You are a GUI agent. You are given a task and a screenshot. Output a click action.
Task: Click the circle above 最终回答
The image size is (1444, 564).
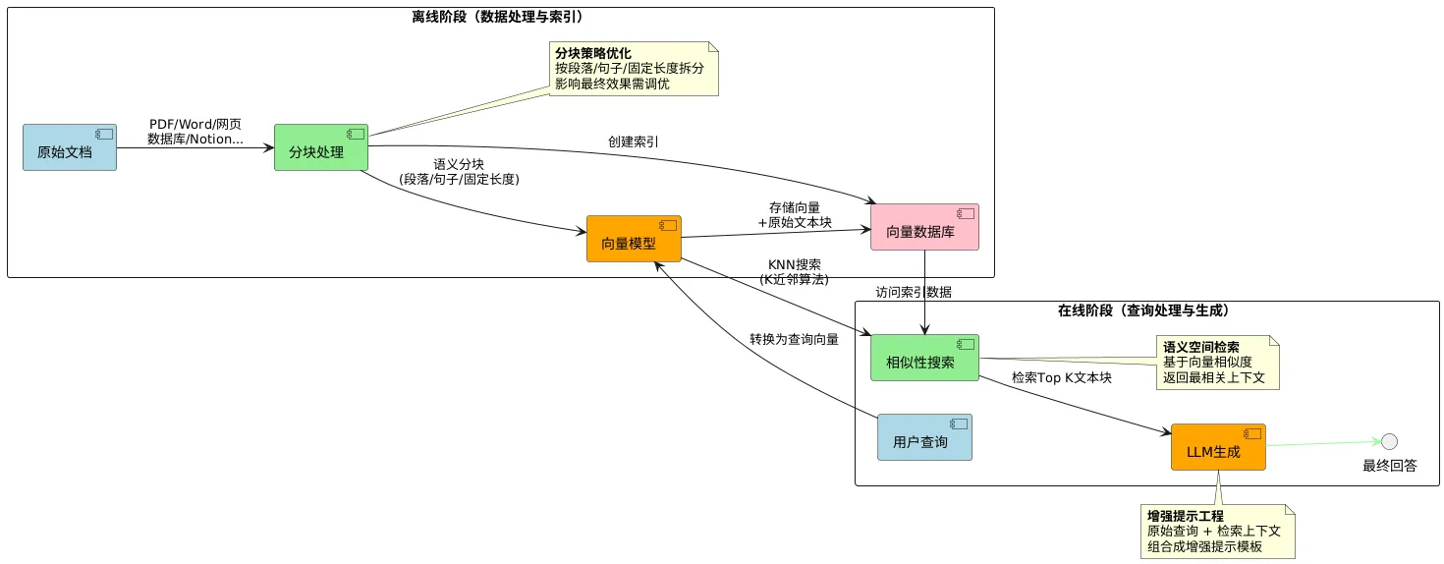tap(1389, 441)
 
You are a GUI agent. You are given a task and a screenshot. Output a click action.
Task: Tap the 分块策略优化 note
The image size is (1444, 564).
tap(635, 69)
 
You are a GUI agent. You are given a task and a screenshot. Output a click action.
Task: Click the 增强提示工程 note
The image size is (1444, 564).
tap(1217, 532)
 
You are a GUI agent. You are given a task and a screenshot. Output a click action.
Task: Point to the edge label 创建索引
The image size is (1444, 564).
tap(634, 141)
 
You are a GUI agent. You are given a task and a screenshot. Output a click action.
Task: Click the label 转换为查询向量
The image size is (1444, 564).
tap(794, 339)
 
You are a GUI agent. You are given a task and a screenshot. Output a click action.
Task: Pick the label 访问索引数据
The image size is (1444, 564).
tap(914, 292)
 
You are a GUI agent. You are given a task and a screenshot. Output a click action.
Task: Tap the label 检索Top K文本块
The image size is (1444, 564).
tap(1061, 377)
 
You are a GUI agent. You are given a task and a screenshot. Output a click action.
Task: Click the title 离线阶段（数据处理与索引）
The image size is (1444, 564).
tap(501, 17)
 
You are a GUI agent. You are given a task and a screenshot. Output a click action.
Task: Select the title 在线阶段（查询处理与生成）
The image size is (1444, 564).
tap(1143, 310)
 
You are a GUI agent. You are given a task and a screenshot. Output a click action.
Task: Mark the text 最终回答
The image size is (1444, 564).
tap(1389, 466)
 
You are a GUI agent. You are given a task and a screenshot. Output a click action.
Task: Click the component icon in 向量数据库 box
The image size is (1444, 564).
tap(966, 213)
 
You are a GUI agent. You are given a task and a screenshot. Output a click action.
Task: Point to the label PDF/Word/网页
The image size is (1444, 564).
tap(195, 125)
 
